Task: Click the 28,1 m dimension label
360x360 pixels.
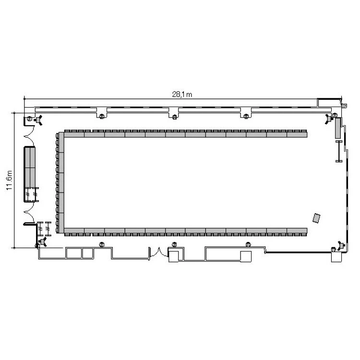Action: tap(182, 95)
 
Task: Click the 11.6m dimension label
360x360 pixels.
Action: tap(9, 180)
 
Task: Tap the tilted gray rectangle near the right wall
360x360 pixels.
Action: tap(316, 218)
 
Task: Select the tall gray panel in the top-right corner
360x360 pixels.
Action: tap(338, 128)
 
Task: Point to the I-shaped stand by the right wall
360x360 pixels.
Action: tap(339, 151)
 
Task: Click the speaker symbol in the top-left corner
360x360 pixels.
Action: tap(38, 120)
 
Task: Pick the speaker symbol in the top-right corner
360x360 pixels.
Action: tap(329, 119)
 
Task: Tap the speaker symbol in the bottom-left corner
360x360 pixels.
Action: tap(43, 242)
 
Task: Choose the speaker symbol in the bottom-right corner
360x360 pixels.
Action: tap(341, 246)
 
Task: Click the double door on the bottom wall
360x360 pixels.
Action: tap(159, 253)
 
